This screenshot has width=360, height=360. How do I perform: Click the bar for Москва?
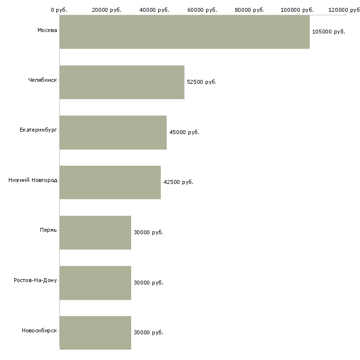184,32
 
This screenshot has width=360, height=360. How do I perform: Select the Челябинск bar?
122,82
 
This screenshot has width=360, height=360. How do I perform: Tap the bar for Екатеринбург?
113,133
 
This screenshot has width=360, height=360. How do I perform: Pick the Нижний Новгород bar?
110,182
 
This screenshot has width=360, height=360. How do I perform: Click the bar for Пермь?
95,233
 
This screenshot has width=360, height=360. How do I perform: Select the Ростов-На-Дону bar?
95,283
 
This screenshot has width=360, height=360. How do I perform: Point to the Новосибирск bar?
95,333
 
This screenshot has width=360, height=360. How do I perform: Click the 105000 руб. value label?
328,32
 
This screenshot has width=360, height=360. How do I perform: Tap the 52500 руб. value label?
202,82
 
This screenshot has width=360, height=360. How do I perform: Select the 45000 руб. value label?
184,132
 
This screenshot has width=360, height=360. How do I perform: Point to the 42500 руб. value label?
178,182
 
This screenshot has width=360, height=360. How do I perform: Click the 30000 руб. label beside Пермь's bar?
148,232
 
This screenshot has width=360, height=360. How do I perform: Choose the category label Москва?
47,30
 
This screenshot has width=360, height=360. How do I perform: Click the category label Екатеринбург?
38,130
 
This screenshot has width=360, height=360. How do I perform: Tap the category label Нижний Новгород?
33,180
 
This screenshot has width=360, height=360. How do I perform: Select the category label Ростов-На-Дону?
36,280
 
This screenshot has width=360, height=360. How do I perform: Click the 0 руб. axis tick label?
59,10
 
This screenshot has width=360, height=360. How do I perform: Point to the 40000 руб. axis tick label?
154,10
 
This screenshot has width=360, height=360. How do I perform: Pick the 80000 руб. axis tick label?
250,10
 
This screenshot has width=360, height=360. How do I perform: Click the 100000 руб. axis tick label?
297,10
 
